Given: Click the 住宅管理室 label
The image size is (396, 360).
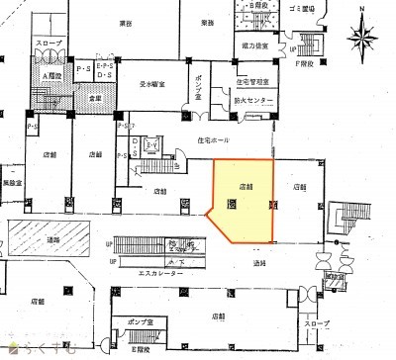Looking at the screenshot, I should coord(254,83).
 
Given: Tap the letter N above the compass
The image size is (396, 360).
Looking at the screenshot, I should coord(363,9).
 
